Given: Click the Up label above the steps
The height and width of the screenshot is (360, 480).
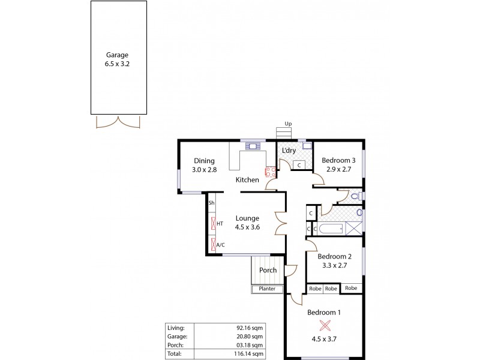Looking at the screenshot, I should point(288,124).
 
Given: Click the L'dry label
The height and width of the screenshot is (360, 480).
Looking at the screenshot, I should point(289,151).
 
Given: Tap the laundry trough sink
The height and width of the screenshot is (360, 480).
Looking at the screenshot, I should point(307,145).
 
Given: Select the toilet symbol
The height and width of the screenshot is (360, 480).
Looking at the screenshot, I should point(355,196).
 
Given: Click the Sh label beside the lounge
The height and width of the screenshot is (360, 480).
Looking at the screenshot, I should point(211,203).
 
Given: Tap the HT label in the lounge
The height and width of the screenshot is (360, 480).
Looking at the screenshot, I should point(220,224).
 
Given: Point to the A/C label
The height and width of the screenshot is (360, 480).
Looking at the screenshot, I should point(220,245).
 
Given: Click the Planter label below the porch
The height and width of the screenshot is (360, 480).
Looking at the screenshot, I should point(267,289).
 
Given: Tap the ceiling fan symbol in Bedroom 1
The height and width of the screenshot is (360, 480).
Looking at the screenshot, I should point(325,326).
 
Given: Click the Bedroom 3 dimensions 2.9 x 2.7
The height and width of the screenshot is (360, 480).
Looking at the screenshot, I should point(338,170).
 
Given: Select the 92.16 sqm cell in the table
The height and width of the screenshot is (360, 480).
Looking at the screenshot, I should point(253,328).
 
